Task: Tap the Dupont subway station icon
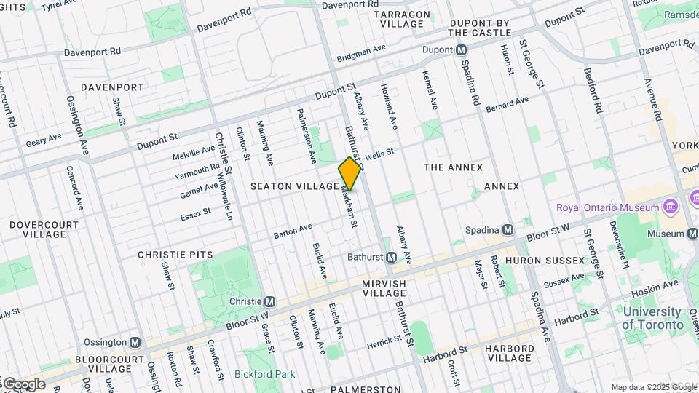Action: (461, 50)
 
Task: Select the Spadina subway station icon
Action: (508, 229)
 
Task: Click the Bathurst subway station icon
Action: (391, 257)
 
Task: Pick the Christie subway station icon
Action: (269, 301)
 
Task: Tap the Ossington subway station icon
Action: (135, 342)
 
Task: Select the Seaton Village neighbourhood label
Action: (295, 186)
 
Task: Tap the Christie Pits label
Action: (175, 255)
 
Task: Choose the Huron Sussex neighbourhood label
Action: (545, 260)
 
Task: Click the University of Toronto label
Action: (653, 318)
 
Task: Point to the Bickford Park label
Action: (265, 375)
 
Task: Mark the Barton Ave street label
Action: (293, 231)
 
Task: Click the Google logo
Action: (23, 384)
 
